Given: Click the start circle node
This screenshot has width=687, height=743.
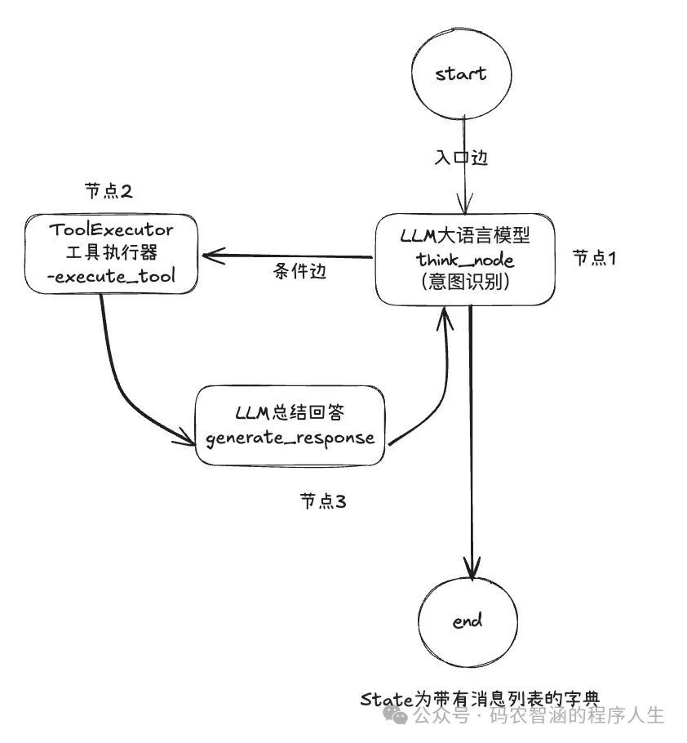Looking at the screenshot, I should tap(461, 74).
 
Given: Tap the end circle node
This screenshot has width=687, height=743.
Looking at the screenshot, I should tap(468, 621).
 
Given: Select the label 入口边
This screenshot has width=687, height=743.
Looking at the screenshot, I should tap(461, 158).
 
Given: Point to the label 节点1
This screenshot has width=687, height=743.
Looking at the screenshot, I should tap(594, 258).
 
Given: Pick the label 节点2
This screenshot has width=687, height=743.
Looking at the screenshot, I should tap(109, 191).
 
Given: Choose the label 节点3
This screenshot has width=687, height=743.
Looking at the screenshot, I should tap(323, 501).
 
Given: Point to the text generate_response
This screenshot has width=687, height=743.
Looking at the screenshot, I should tap(290, 438).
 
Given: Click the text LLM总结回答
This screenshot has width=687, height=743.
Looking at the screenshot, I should tap(290, 412).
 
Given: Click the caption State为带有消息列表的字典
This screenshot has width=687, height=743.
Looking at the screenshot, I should tap(480, 700).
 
